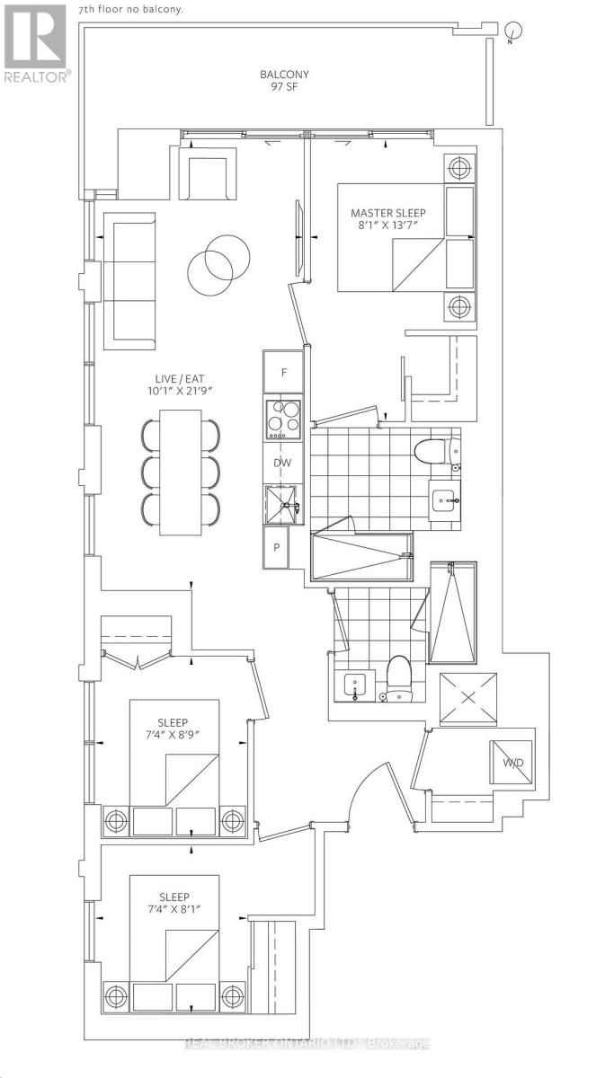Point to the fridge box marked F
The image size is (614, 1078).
coord(283,371)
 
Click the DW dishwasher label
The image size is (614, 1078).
coord(282,464)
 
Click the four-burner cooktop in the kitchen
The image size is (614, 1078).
coord(283,419)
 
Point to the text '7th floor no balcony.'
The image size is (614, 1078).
coord(130,9)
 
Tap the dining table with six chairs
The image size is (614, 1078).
coord(181,473)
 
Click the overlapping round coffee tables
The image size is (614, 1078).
coord(210,262)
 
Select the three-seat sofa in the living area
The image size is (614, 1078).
coord(129,280)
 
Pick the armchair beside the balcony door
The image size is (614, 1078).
coord(209,173)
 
